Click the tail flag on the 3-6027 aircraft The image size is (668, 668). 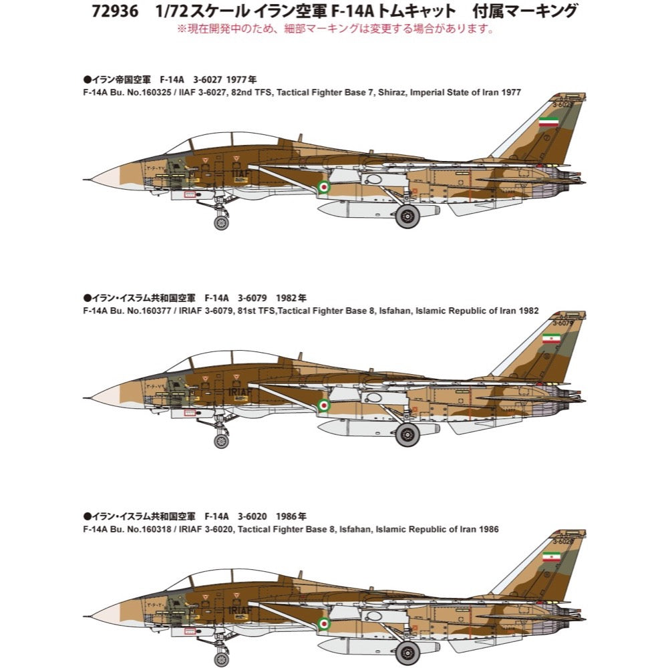[549, 122]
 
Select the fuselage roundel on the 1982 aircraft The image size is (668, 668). [324, 405]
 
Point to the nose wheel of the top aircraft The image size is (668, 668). [221, 222]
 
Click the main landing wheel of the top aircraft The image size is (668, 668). [407, 216]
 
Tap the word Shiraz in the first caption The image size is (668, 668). [398, 92]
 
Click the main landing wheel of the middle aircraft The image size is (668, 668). [407, 435]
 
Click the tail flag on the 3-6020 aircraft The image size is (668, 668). [551, 556]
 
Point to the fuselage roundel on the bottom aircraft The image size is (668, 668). [324, 624]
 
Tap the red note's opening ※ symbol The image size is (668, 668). [180, 29]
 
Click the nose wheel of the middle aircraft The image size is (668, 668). [221, 441]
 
